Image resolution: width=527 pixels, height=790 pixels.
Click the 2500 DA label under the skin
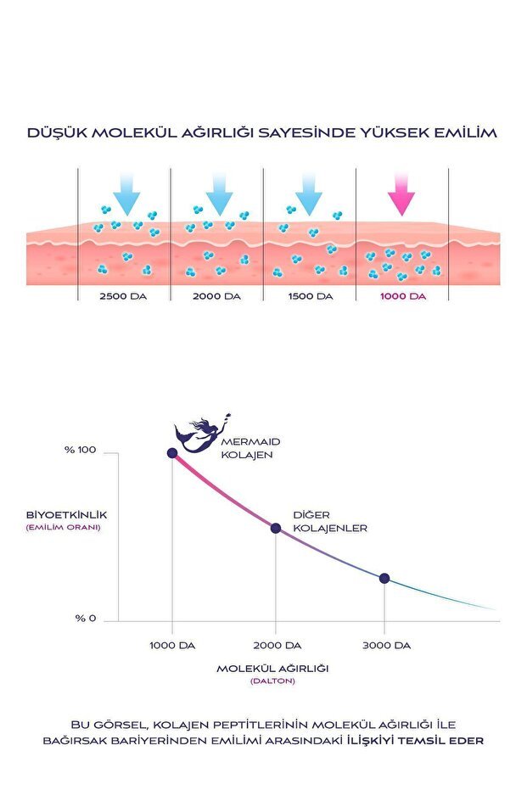pyautogui.click(x=124, y=296)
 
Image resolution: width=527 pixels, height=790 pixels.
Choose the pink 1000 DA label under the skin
pyautogui.click(x=401, y=296)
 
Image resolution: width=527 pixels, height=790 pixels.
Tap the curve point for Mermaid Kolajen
pyautogui.click(x=172, y=453)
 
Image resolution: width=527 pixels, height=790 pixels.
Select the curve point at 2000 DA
pyautogui.click(x=276, y=528)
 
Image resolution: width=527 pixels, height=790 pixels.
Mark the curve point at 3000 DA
pyautogui.click(x=384, y=578)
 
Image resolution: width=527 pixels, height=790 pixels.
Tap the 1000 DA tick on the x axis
pyautogui.click(x=173, y=646)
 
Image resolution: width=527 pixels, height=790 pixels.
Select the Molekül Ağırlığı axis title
pyautogui.click(x=272, y=668)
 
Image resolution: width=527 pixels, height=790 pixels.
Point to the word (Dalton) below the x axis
pyautogui.click(x=272, y=681)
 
